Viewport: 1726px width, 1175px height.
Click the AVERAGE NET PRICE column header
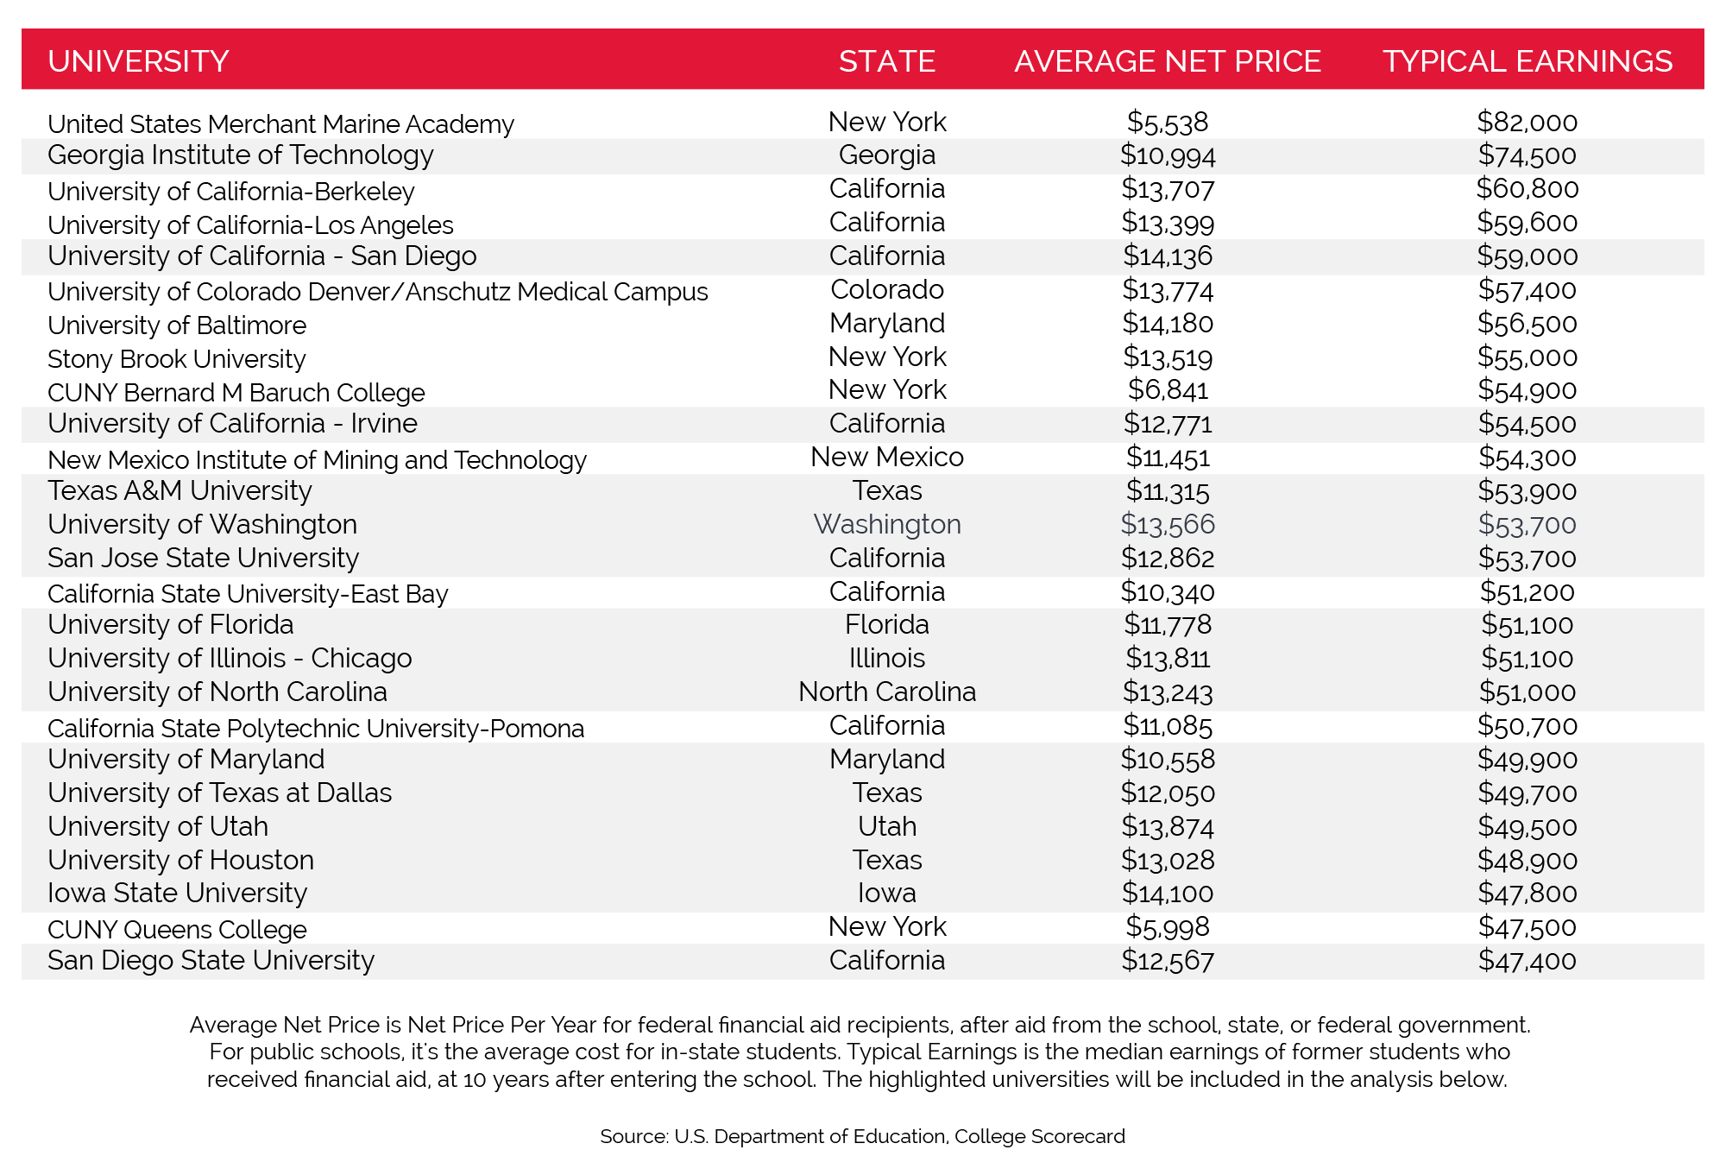pyautogui.click(x=1167, y=61)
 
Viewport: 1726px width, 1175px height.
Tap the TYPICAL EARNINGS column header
pyautogui.click(x=1527, y=61)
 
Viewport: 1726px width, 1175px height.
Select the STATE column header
pyautogui.click(x=886, y=61)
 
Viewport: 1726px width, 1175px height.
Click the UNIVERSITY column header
pyautogui.click(x=138, y=61)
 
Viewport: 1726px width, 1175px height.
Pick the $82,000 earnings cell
pyautogui.click(x=1527, y=122)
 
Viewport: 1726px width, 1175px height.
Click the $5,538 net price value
pyautogui.click(x=1167, y=123)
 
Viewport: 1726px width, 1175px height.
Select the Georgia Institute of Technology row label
pyautogui.click(x=240, y=155)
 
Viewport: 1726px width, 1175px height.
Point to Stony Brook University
pyautogui.click(x=176, y=358)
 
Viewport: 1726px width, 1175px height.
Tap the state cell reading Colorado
pyautogui.click(x=886, y=289)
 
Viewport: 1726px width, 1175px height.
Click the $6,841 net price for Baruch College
pyautogui.click(x=1167, y=390)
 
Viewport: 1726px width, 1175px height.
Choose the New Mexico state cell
pyautogui.click(x=886, y=457)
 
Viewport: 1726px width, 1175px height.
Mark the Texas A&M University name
pyautogui.click(x=180, y=490)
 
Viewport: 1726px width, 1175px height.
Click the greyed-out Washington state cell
pyautogui.click(x=886, y=524)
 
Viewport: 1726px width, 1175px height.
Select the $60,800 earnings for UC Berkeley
pyautogui.click(x=1527, y=188)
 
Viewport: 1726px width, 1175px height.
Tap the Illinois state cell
pyautogui.click(x=886, y=658)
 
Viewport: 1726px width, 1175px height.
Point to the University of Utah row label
pyautogui.click(x=158, y=826)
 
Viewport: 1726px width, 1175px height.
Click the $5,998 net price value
pyautogui.click(x=1167, y=926)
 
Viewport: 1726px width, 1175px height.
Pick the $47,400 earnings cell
pyautogui.click(x=1527, y=960)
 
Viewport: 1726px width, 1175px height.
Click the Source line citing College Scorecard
pyautogui.click(x=862, y=1136)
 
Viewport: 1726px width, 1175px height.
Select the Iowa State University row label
pyautogui.click(x=177, y=893)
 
